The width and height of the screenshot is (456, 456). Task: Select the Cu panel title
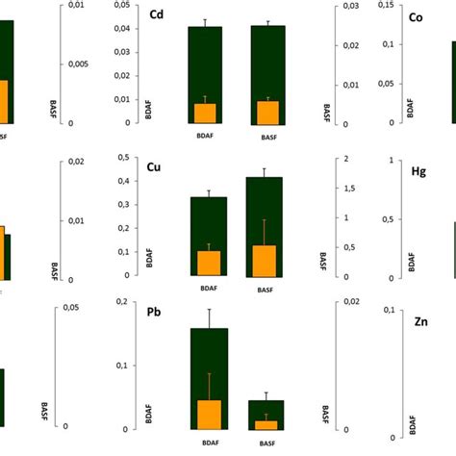coord(154,167)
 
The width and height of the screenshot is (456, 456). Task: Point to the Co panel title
coord(417,17)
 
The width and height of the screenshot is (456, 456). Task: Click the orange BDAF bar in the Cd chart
coord(205,113)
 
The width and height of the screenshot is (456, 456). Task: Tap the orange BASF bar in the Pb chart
coord(266,424)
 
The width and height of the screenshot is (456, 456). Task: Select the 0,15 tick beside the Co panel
coord(385,6)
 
